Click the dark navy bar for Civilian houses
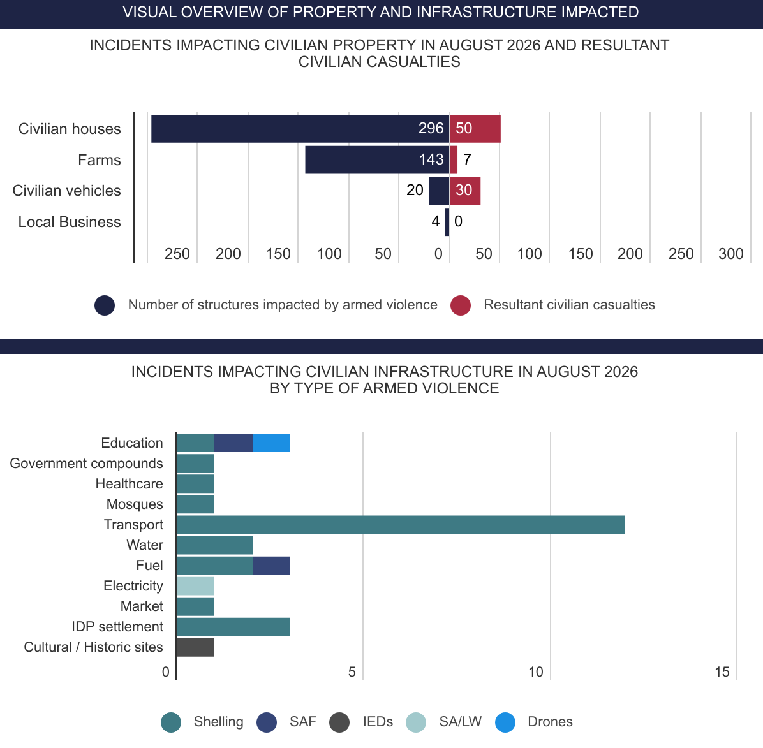(300, 128)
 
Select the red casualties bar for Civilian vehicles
(465, 191)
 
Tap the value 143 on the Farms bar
(431, 159)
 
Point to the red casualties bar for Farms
(454, 159)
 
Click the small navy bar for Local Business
(447, 222)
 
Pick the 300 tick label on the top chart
(731, 254)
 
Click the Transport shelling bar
(401, 525)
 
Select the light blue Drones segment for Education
(271, 443)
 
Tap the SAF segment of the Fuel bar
(271, 566)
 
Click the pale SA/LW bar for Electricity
(196, 586)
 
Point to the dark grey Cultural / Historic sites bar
(196, 647)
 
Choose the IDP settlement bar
(233, 627)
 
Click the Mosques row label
(135, 504)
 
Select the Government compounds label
(87, 464)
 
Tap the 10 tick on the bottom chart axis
(536, 672)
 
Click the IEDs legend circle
(339, 722)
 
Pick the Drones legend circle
(505, 722)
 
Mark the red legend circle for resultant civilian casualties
(461, 305)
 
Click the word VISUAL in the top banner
(149, 12)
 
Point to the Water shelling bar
(214, 545)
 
